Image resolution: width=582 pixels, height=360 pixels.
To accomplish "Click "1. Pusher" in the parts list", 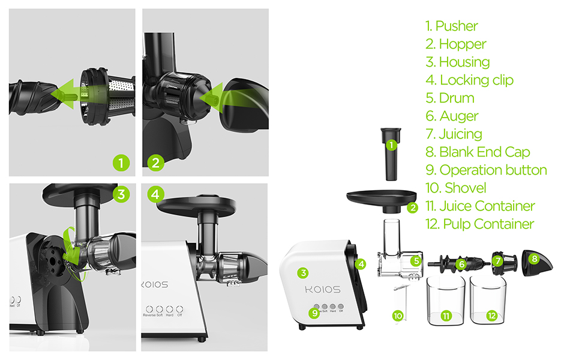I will tap(451, 26).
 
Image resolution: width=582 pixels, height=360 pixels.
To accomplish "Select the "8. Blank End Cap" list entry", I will tap(478, 152).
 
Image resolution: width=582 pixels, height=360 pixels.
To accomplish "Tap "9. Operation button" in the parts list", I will tap(486, 170).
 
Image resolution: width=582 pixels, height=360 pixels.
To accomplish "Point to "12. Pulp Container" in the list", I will tap(479, 224).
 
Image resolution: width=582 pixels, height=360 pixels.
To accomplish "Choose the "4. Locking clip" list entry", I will tap(469, 80).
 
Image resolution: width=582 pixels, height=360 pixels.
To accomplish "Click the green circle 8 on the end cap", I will tap(533, 259).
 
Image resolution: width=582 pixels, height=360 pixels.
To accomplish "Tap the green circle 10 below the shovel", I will tap(398, 316).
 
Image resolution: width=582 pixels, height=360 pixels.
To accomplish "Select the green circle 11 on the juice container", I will tap(445, 316).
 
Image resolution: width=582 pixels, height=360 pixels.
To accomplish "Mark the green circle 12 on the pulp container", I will tap(492, 316).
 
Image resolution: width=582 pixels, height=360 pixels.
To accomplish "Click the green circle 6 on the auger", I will tap(461, 263).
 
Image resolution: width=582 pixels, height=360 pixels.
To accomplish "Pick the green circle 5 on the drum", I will tap(416, 261).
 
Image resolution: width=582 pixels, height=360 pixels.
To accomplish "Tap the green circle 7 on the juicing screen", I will tap(497, 262).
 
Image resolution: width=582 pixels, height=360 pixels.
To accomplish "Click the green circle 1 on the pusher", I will tap(391, 145).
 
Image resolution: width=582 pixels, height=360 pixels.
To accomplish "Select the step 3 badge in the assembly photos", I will tap(121, 194).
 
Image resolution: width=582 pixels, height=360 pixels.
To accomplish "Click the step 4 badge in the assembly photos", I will tap(155, 194).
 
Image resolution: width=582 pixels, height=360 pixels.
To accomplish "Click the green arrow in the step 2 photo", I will tap(219, 97).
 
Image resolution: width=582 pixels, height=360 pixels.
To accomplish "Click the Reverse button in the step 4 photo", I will tap(150, 307).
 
